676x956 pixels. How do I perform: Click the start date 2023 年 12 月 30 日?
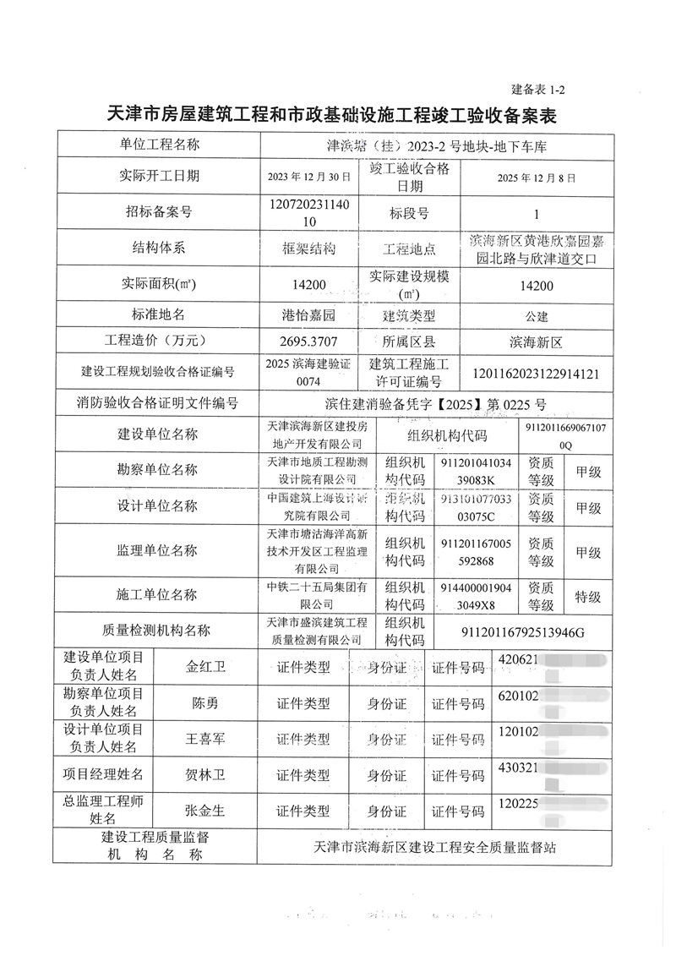[308, 178]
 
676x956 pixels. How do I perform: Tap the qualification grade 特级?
[587, 597]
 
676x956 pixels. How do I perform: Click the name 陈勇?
[205, 703]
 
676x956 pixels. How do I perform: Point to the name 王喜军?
[206, 739]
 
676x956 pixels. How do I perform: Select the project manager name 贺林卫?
[206, 774]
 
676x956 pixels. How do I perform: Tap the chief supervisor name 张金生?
[205, 811]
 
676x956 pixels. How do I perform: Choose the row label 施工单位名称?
[157, 597]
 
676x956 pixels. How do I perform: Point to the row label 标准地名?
[157, 314]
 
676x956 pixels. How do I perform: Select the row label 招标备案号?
[157, 213]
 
